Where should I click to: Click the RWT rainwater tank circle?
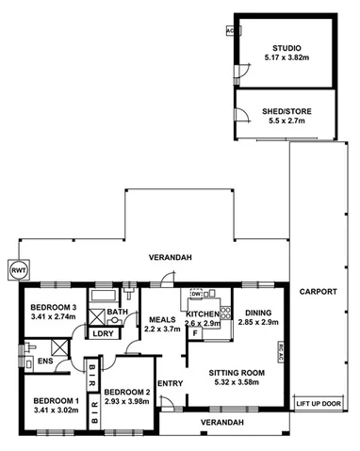tap(18, 269)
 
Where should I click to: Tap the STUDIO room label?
tap(285, 47)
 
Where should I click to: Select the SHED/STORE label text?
tap(285, 112)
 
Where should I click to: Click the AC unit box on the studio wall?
tap(230, 30)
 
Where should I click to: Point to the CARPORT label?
tap(319, 292)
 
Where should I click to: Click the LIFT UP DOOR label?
tap(319, 404)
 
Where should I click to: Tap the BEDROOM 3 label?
tap(53, 308)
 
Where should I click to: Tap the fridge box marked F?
tap(194, 332)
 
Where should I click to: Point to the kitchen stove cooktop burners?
tap(226, 310)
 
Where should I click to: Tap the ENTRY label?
tap(171, 383)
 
